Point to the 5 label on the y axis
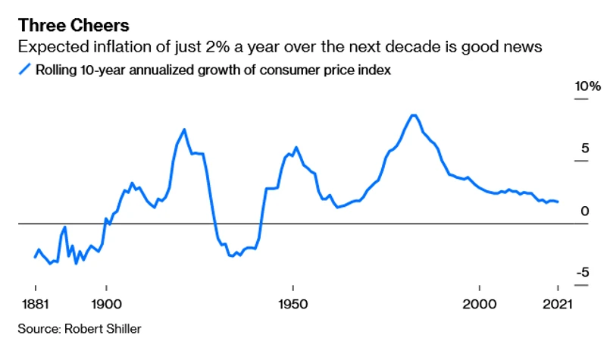point(584,149)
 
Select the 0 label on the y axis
point(584,211)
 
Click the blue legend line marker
point(24,70)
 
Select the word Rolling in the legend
point(55,70)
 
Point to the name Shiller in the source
point(123,329)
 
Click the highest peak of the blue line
point(413,115)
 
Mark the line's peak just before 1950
point(296,147)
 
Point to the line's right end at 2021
point(558,202)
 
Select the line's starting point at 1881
point(36,258)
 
